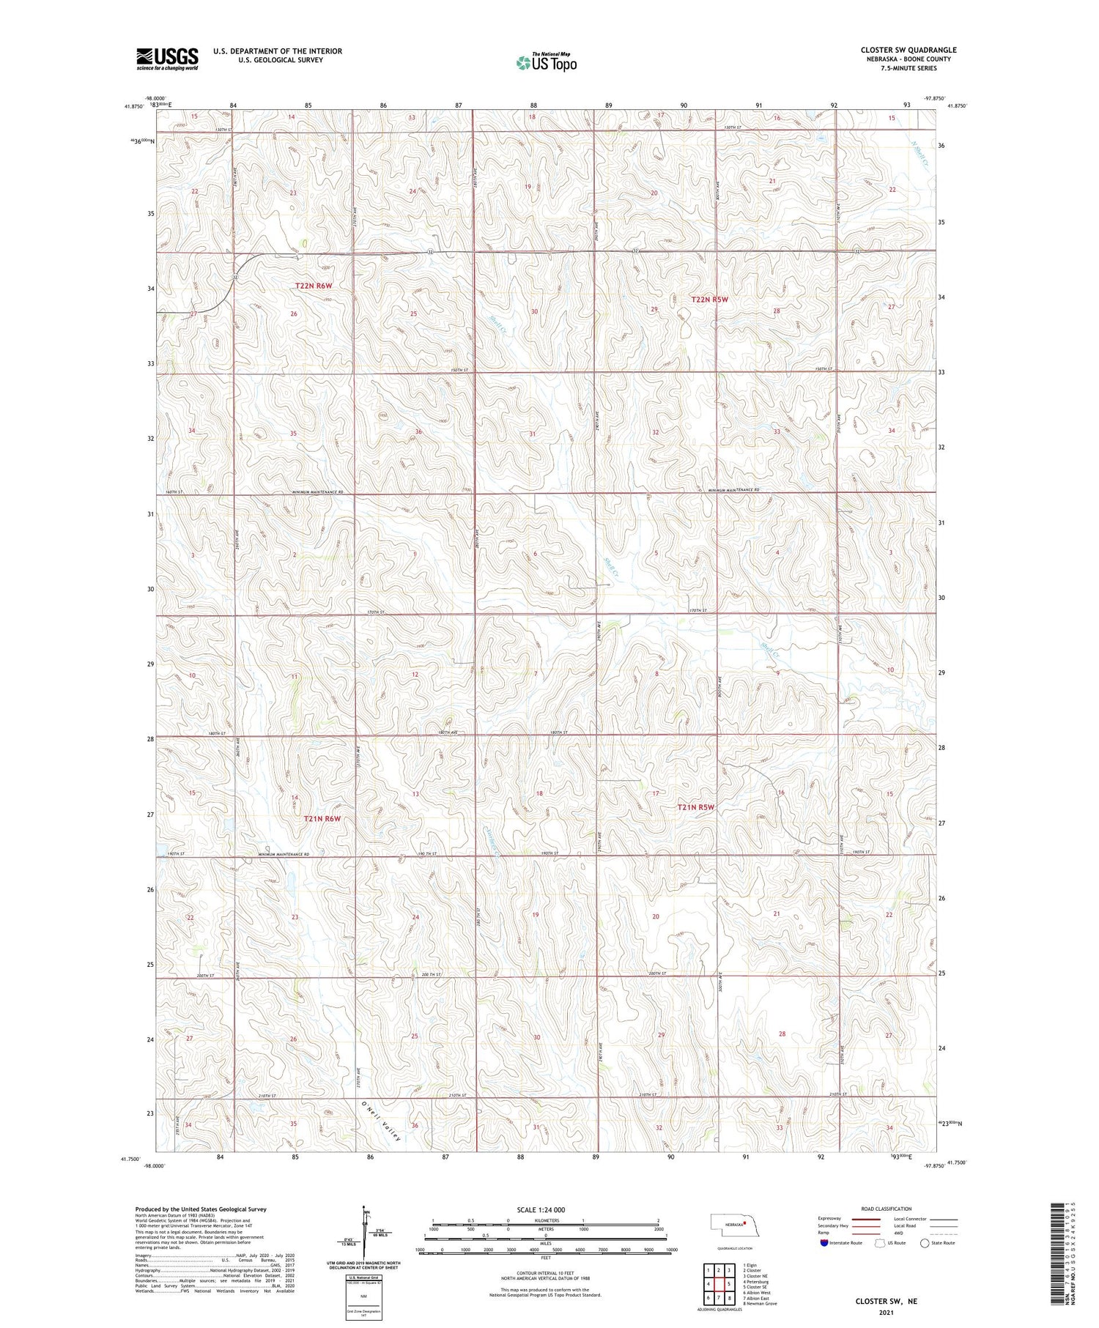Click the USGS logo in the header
pyautogui.click(x=167, y=59)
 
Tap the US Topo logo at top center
pyautogui.click(x=547, y=63)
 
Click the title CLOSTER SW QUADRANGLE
pyautogui.click(x=909, y=50)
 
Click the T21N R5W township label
pyautogui.click(x=695, y=807)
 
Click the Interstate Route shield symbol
pyautogui.click(x=825, y=1242)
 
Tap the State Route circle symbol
pyautogui.click(x=925, y=1242)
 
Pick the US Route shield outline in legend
pyautogui.click(x=880, y=1242)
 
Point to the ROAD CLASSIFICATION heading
pyautogui.click(x=887, y=1209)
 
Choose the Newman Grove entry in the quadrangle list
pyautogui.click(x=760, y=1303)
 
